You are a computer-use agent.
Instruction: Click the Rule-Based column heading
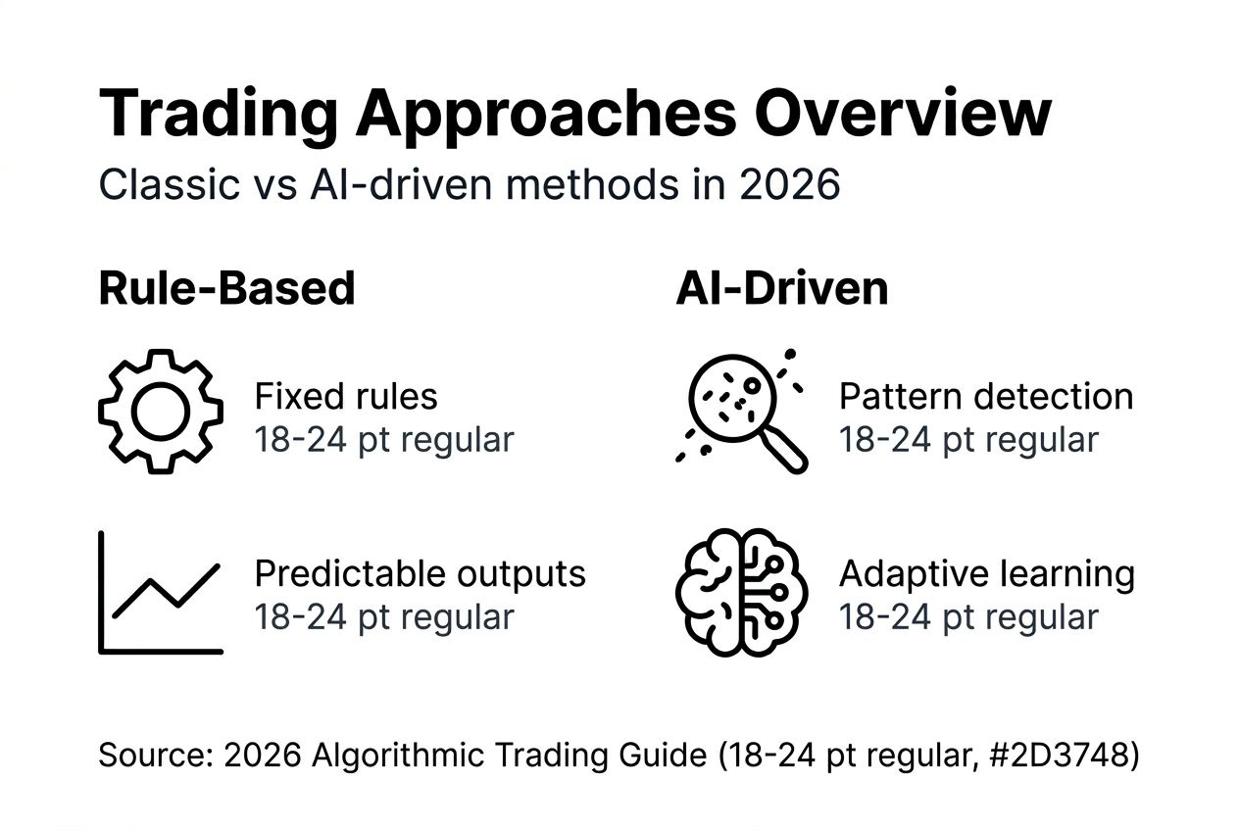226,288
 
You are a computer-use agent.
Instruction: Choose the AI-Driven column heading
781,288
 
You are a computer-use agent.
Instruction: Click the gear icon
160,413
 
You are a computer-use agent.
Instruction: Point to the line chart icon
161,593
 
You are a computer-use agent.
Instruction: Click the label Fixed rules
345,397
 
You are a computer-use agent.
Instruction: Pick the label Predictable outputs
420,574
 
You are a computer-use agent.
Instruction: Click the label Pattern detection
985,397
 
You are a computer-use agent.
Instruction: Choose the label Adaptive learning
986,574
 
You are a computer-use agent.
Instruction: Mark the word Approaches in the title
545,116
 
